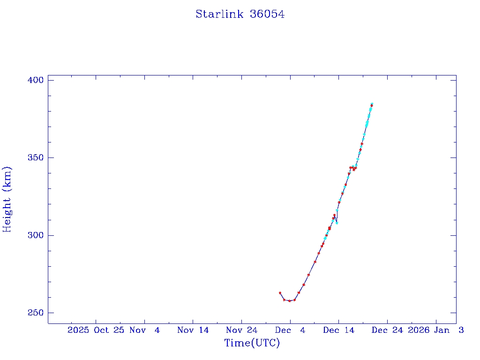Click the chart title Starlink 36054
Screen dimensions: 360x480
pyautogui.click(x=240, y=14)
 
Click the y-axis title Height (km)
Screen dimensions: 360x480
pyautogui.click(x=7, y=199)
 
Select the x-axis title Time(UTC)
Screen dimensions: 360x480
pyautogui.click(x=252, y=343)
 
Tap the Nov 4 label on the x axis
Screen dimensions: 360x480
pyautogui.click(x=145, y=330)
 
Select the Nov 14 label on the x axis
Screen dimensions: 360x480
pyautogui.click(x=193, y=330)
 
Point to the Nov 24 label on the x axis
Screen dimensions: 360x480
pyautogui.click(x=241, y=330)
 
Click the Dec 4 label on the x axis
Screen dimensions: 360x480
pyautogui.click(x=290, y=330)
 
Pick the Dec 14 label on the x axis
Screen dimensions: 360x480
pyautogui.click(x=338, y=330)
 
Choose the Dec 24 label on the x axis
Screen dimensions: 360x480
pyautogui.click(x=387, y=330)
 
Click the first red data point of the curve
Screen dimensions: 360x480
pyautogui.click(x=280, y=293)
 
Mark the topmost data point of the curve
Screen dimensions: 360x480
pyautogui.click(x=372, y=104)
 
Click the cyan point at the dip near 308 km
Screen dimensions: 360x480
pyautogui.click(x=337, y=223)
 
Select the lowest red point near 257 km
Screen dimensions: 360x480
pyautogui.click(x=289, y=301)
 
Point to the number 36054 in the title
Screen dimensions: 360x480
pyautogui.click(x=267, y=14)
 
